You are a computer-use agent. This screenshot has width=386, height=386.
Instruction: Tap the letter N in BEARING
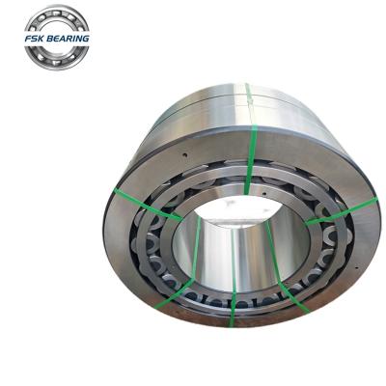(80, 38)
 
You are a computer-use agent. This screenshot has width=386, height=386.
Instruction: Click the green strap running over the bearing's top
(249, 125)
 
